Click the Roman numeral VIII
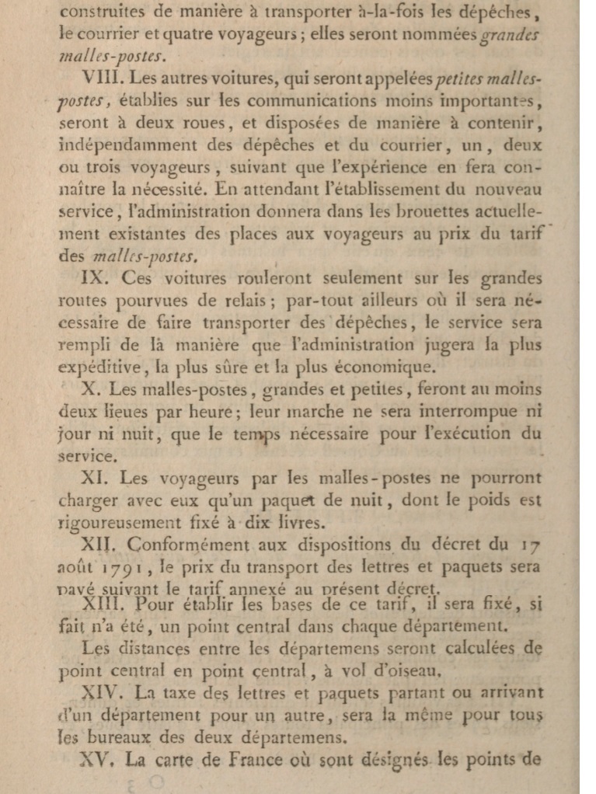pos(99,80)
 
